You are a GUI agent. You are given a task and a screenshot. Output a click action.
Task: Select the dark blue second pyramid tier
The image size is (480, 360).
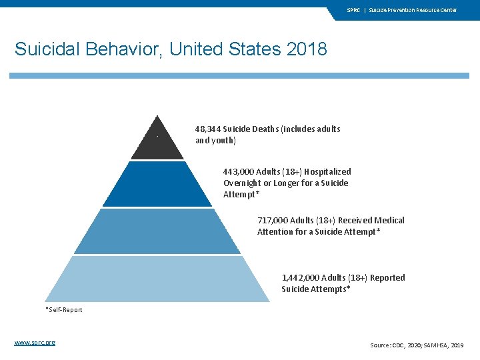click(x=157, y=185)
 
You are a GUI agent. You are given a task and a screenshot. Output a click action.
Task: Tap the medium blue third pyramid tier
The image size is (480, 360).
click(x=157, y=232)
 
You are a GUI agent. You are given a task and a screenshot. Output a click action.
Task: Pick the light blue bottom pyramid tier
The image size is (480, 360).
click(x=157, y=279)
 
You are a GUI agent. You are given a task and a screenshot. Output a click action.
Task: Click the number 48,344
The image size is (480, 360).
click(x=208, y=129)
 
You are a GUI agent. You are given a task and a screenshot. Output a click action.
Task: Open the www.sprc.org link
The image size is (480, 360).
click(x=35, y=343)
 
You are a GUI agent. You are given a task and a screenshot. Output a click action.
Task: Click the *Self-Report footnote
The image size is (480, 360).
click(x=64, y=310)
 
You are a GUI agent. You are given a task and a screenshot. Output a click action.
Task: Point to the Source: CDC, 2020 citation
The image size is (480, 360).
click(x=397, y=345)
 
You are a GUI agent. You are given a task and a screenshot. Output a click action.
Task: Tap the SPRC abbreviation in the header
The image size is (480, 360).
click(x=353, y=10)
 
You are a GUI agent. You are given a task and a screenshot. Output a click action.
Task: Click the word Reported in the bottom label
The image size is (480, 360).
click(x=387, y=277)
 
